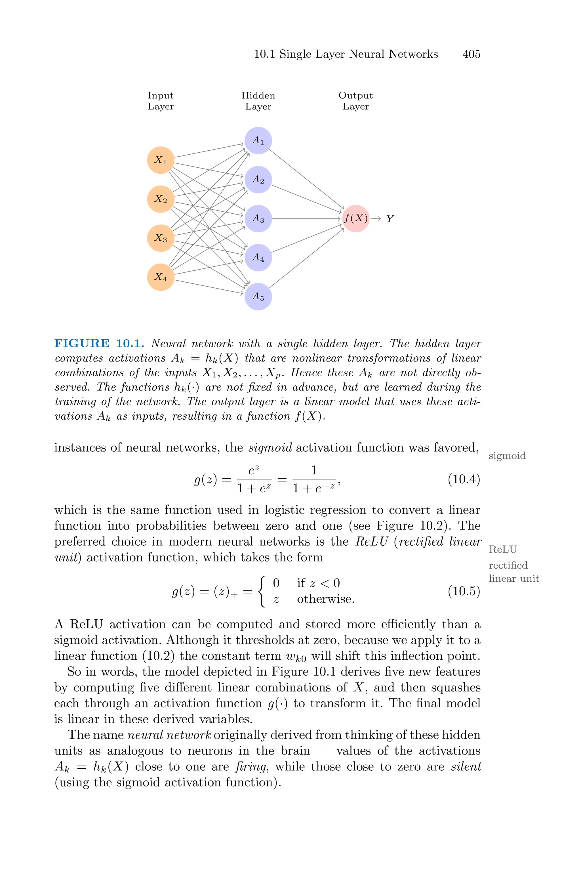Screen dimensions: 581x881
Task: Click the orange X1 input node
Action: pyautogui.click(x=161, y=160)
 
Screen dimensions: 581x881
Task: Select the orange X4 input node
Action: pyautogui.click(x=161, y=277)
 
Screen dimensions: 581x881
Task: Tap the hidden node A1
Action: pyautogui.click(x=258, y=141)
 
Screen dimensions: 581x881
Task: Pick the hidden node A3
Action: pyautogui.click(x=258, y=218)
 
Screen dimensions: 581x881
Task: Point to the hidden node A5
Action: pyautogui.click(x=258, y=297)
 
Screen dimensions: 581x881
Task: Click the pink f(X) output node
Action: pyautogui.click(x=356, y=218)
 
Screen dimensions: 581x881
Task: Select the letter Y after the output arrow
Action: pyautogui.click(x=390, y=219)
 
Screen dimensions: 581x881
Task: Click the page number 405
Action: pyautogui.click(x=471, y=54)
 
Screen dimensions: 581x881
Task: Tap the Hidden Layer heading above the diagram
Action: pyautogui.click(x=258, y=101)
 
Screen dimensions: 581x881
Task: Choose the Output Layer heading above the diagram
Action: pyautogui.click(x=356, y=101)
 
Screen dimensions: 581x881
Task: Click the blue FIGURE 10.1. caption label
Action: pyautogui.click(x=99, y=343)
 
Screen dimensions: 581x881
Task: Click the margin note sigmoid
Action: pyautogui.click(x=507, y=456)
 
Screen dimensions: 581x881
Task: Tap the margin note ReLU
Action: pyautogui.click(x=502, y=549)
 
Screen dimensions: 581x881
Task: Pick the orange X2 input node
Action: pyautogui.click(x=161, y=199)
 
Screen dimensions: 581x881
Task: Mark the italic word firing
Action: pyautogui.click(x=251, y=767)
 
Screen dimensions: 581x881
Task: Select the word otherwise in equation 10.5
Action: pyautogui.click(x=326, y=599)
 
